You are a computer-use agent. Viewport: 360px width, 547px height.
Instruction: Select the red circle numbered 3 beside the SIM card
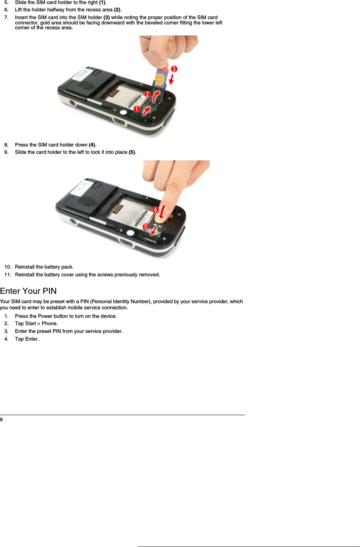173,69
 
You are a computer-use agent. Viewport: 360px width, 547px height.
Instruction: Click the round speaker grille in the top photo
86,86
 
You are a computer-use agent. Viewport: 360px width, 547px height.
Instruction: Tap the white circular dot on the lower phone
130,233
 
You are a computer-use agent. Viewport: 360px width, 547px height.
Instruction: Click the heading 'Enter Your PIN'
28,291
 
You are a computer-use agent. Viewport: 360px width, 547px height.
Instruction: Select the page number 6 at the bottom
2,420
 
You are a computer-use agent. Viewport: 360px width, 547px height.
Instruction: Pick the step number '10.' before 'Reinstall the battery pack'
8,267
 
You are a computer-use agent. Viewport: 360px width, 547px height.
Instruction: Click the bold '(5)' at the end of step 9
132,152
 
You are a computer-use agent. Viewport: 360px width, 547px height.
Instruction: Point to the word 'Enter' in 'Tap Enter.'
31,339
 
